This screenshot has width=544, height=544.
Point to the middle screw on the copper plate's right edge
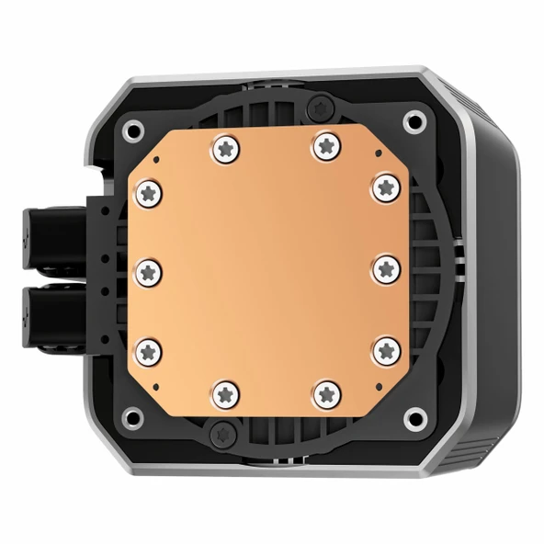(x=386, y=268)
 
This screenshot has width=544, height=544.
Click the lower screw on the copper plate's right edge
(x=387, y=348)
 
